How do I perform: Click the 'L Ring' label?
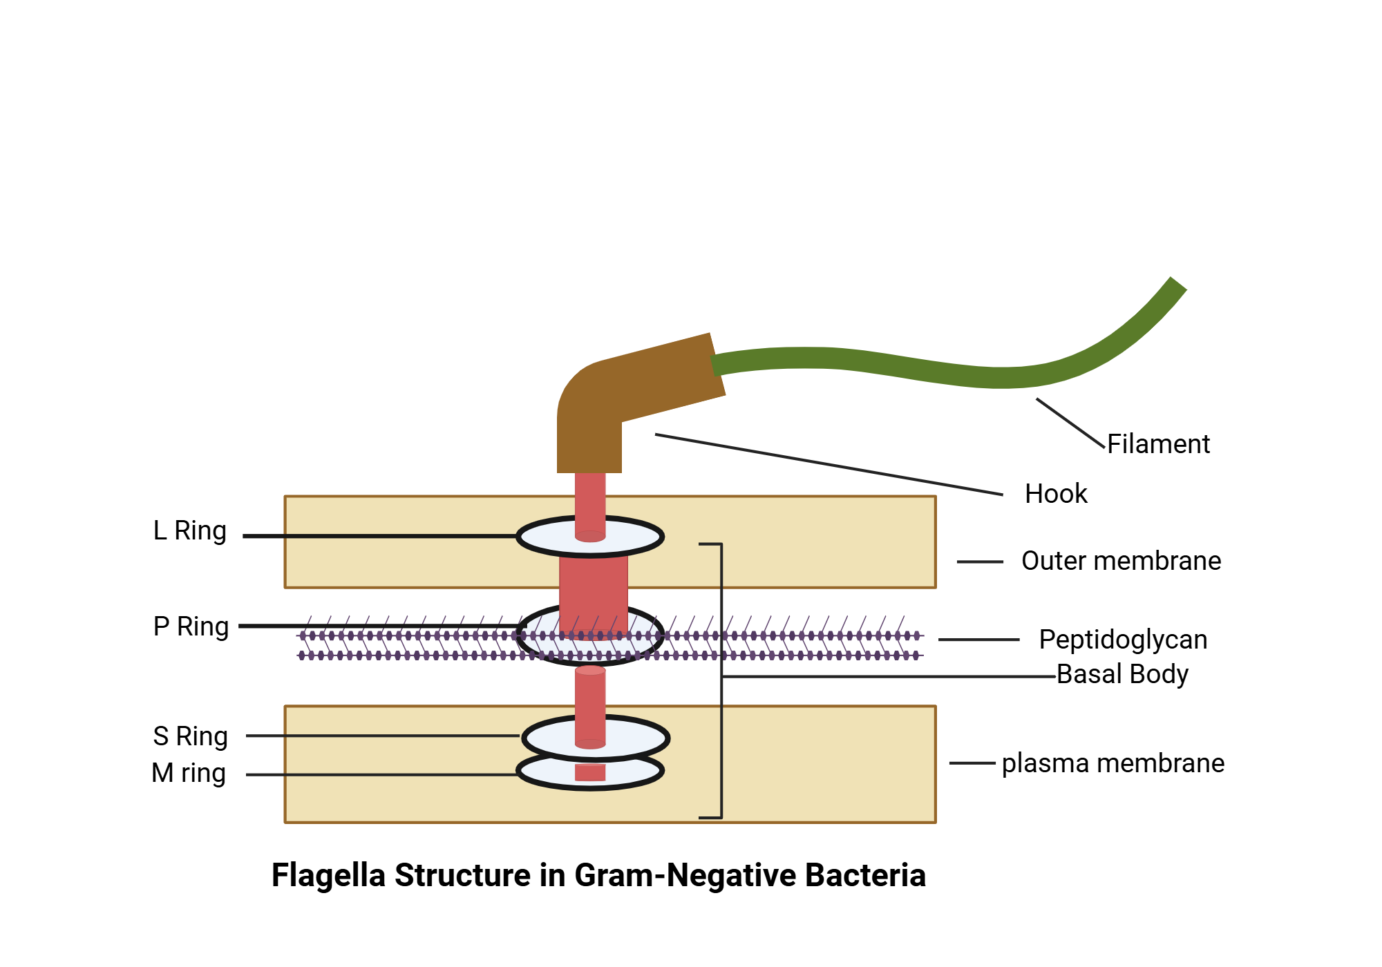point(190,530)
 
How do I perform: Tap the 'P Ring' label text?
point(191,626)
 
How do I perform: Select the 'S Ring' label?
point(190,736)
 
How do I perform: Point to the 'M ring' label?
point(189,773)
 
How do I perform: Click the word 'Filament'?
point(1158,444)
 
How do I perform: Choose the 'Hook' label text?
point(1055,494)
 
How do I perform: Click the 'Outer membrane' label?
point(1121,561)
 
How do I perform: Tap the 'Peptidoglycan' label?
point(1123,640)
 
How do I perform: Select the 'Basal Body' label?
point(1122,674)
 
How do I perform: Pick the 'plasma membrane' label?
point(1113,763)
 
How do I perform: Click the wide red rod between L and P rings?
point(593,587)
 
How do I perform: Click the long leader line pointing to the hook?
point(829,465)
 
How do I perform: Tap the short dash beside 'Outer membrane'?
point(979,562)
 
